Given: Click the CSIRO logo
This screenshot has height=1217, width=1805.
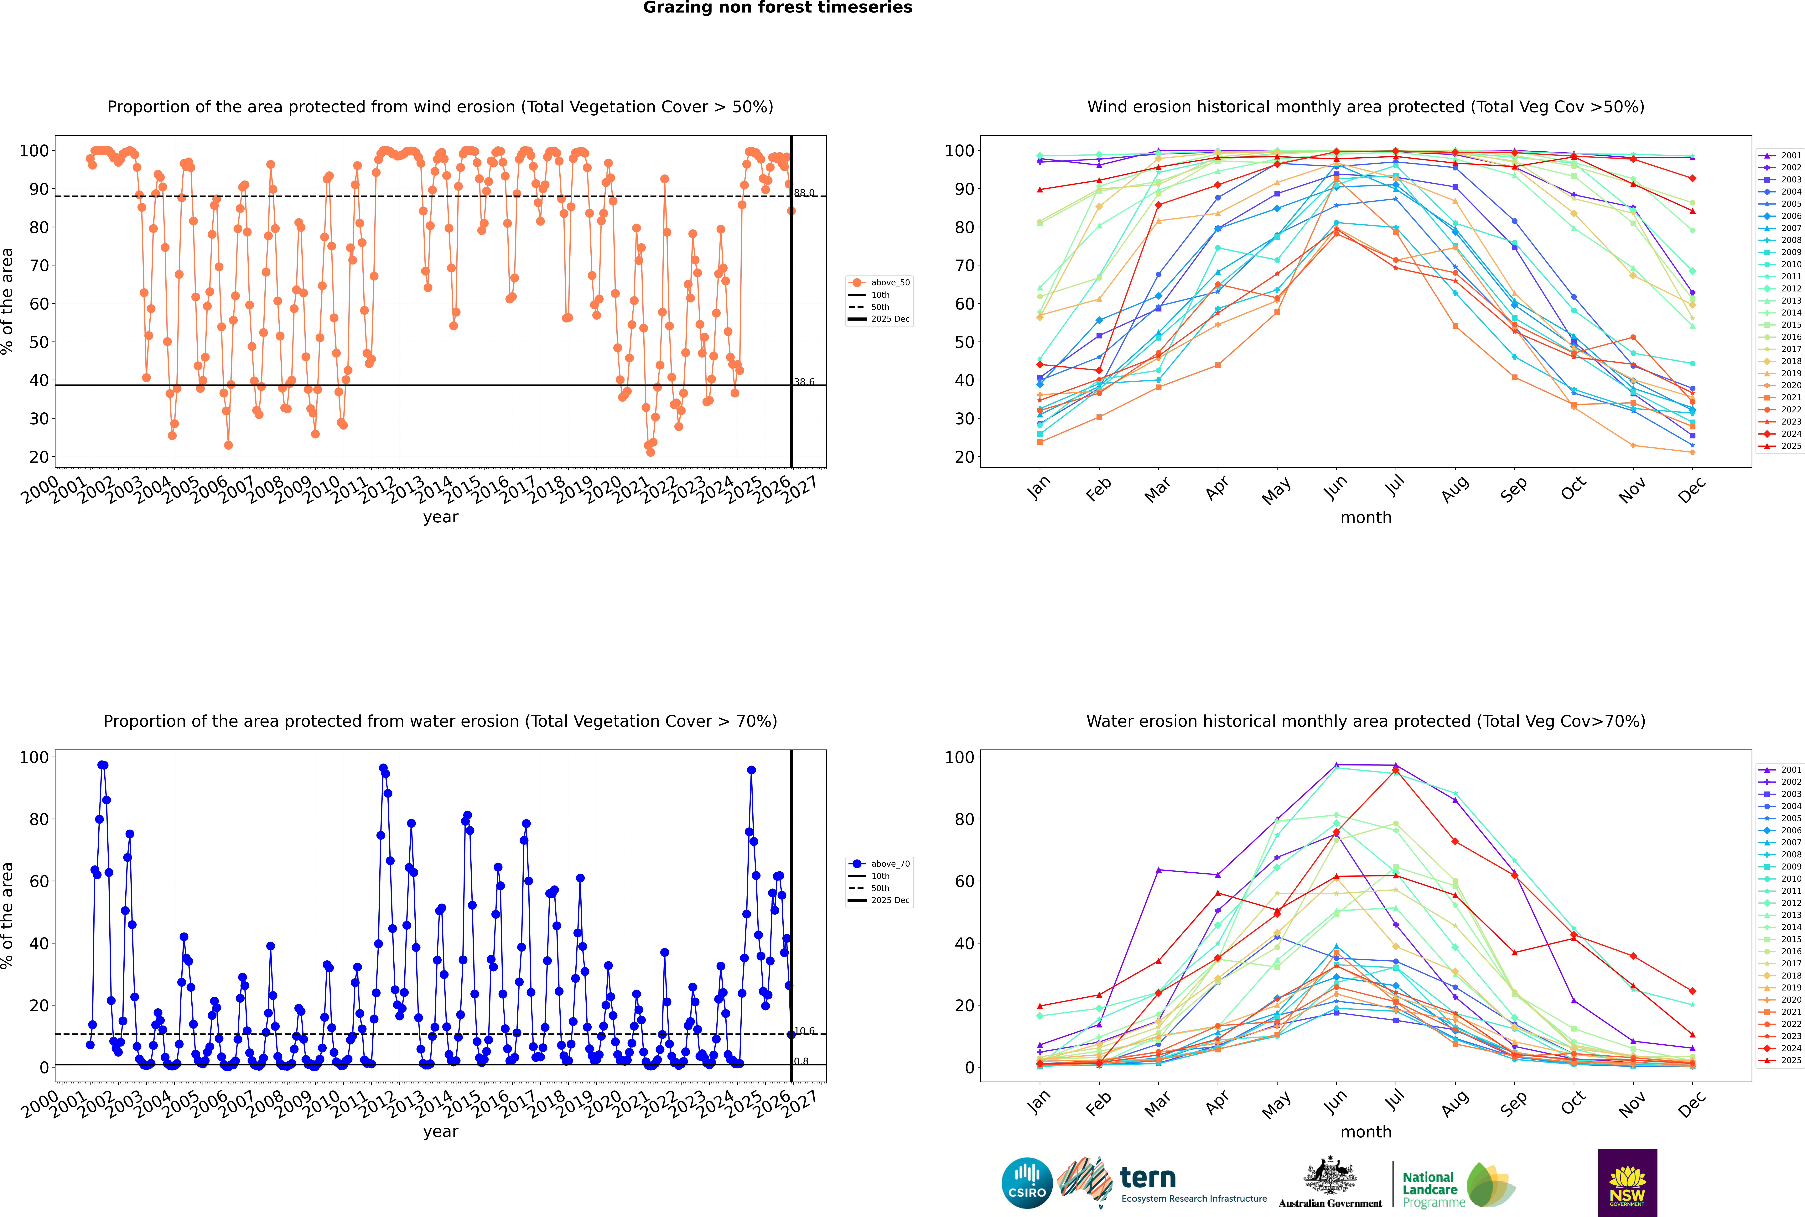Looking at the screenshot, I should point(1027,1183).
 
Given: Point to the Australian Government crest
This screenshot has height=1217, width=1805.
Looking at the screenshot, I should point(1330,1176).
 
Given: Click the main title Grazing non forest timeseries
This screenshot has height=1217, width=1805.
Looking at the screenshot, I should point(778,8).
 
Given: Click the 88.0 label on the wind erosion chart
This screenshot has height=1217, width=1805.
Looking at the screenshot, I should point(804,193).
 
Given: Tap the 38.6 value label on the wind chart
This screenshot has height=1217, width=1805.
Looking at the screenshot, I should point(804,382).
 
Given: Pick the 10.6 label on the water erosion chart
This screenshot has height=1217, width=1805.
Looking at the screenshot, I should point(804,1031).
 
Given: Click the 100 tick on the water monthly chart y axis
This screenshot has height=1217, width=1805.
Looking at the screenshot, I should point(959,757).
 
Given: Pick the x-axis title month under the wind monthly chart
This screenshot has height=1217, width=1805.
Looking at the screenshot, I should point(1366,518).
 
